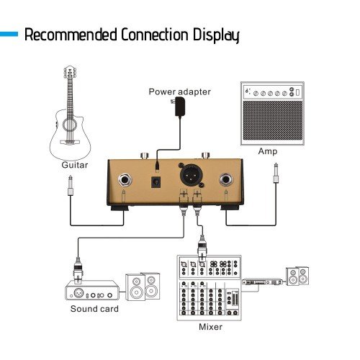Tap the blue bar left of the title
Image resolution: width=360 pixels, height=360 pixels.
tap(9, 33)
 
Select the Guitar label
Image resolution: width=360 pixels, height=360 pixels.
tap(74, 165)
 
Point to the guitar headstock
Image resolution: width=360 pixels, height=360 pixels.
tap(70, 73)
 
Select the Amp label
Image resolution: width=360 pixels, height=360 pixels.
tap(267, 151)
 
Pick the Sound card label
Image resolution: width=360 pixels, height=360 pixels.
tap(94, 309)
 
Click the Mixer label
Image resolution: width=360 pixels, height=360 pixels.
tap(211, 327)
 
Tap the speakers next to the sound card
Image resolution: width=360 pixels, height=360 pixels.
tap(143, 286)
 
